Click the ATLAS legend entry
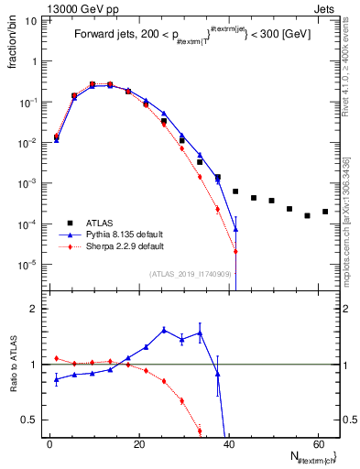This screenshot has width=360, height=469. click(101, 223)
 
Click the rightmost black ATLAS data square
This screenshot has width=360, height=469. click(325, 212)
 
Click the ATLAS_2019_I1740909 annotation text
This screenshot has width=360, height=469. click(189, 273)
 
